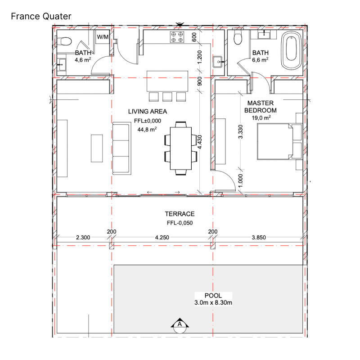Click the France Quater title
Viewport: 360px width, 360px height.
(41, 16)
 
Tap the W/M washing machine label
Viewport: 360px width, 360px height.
(103, 37)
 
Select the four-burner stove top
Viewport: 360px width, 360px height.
(177, 37)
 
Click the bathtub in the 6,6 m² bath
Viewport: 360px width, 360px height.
(291, 50)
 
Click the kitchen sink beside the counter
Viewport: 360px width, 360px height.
(217, 62)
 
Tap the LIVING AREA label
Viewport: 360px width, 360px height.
(148, 112)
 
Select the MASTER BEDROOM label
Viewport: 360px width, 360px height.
(261, 107)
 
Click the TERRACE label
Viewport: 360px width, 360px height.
(180, 214)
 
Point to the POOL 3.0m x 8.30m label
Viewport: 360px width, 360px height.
(213, 299)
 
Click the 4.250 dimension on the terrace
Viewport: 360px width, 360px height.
(162, 238)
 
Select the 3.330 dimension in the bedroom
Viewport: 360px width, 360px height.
(240, 132)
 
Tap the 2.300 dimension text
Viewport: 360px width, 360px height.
(83, 238)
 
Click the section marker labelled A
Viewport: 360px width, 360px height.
(180, 325)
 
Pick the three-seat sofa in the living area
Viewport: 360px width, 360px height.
(121, 148)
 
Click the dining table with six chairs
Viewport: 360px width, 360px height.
(181, 148)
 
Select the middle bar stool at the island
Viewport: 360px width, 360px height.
(167, 97)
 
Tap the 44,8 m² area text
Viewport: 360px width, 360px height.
(147, 129)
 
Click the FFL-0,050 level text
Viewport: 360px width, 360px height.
(180, 223)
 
